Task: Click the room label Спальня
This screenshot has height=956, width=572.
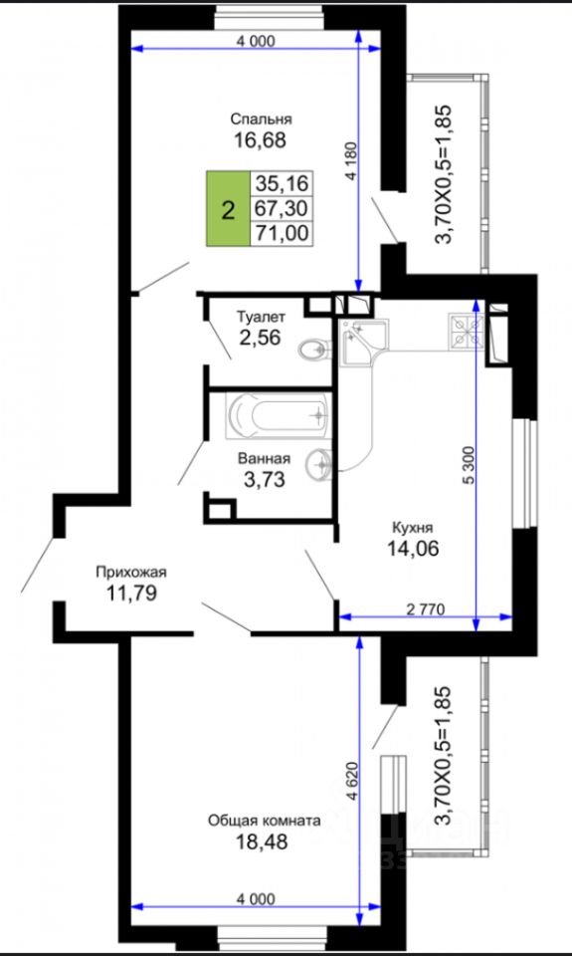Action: click(x=262, y=119)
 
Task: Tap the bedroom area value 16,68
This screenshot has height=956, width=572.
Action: click(x=260, y=140)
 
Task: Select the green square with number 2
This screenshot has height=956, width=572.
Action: click(x=229, y=208)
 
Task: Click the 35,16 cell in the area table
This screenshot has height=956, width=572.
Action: click(x=283, y=181)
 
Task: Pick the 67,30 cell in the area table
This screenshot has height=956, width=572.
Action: click(x=283, y=208)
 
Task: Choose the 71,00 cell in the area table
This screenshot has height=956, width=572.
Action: click(x=283, y=233)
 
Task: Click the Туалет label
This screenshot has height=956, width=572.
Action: click(x=260, y=317)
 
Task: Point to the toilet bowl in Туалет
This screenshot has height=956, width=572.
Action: click(x=315, y=350)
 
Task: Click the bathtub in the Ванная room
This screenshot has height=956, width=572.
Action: click(x=279, y=415)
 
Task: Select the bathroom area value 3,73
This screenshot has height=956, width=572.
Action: click(x=264, y=480)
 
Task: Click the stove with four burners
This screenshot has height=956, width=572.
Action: click(x=467, y=331)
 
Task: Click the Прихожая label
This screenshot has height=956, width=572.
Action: click(x=130, y=572)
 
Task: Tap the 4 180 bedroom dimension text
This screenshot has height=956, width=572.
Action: click(x=350, y=161)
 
